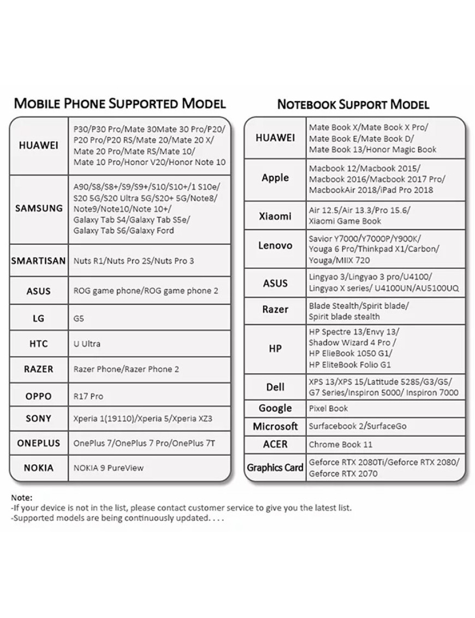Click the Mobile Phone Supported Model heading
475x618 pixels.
(120, 103)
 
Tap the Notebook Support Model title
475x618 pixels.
(353, 104)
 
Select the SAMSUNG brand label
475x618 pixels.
(39, 208)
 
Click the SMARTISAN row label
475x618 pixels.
(39, 261)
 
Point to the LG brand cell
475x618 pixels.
(38, 318)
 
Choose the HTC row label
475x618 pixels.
(38, 344)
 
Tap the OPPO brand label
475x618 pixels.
(38, 396)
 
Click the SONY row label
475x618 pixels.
(38, 419)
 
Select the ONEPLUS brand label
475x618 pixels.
(38, 443)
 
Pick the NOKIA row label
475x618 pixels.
(38, 468)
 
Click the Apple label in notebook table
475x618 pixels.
(275, 178)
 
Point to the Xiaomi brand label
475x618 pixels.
(275, 216)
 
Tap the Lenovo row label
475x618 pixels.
(275, 245)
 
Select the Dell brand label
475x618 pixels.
(275, 387)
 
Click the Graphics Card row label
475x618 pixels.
(275, 468)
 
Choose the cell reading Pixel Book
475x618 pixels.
(328, 408)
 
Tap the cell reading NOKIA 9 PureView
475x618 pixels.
(109, 468)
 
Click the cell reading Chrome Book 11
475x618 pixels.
(341, 444)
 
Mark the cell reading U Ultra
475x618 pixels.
(87, 344)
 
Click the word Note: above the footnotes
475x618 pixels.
(22, 498)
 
